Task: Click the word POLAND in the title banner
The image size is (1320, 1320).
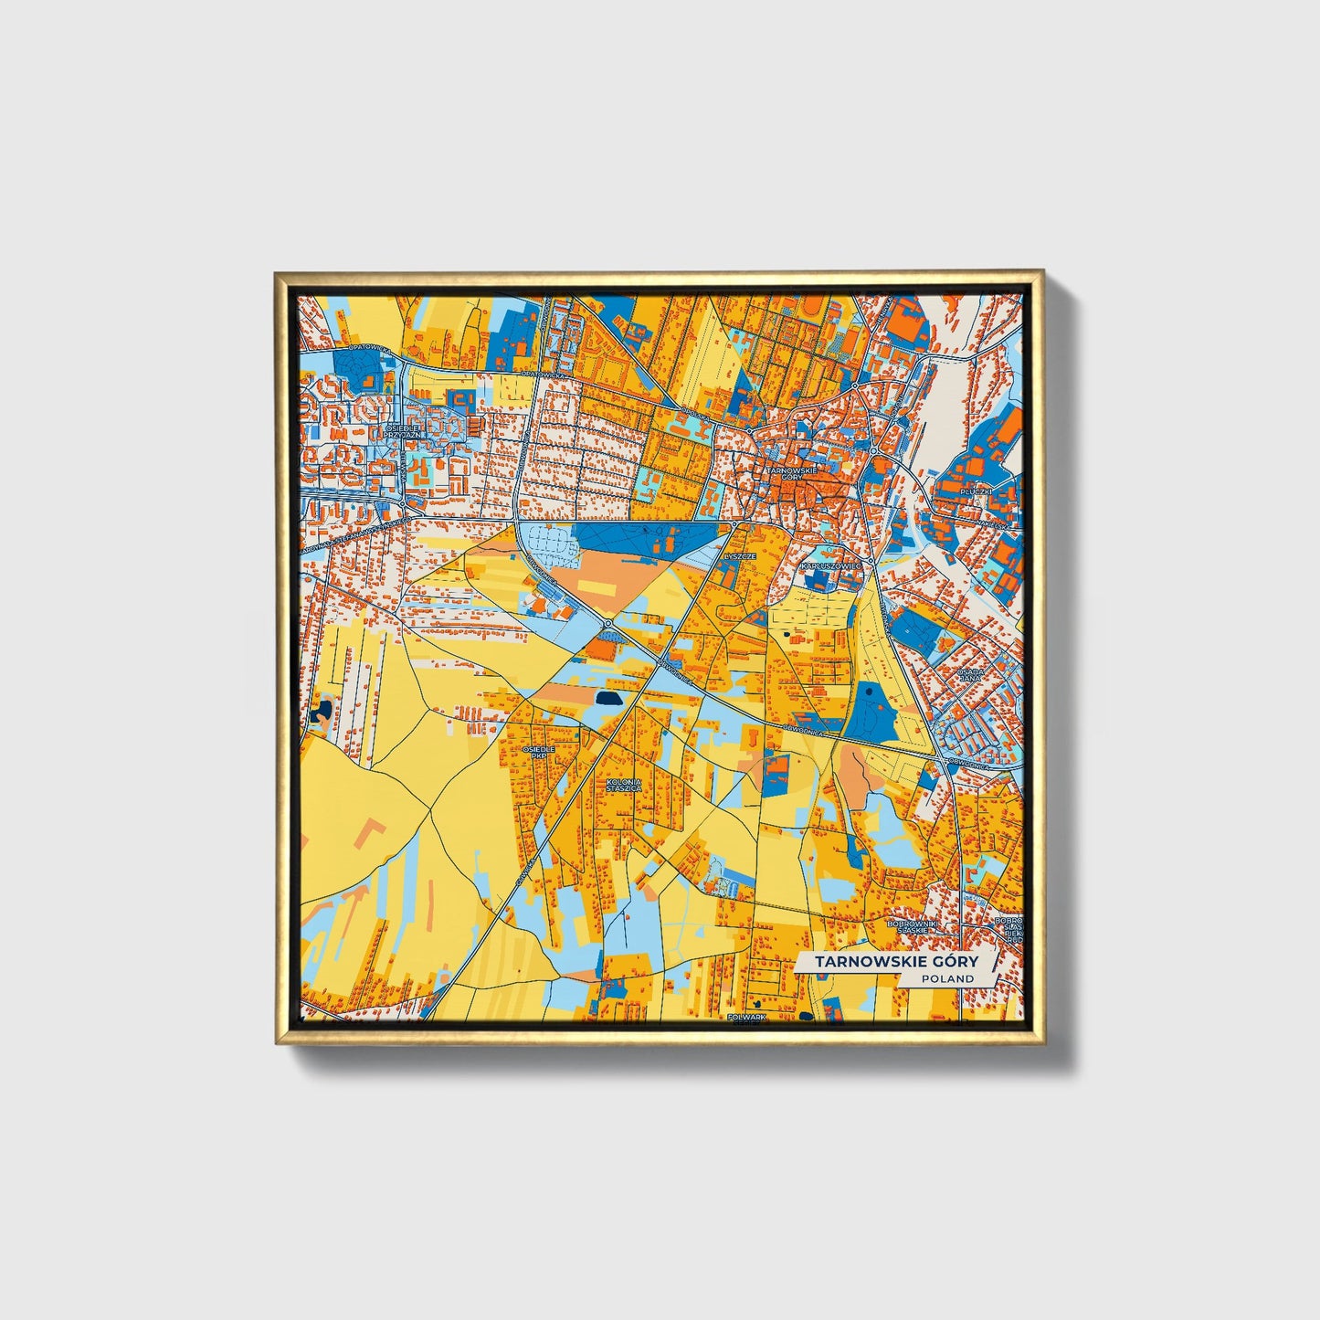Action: point(947,978)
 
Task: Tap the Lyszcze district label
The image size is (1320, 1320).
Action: point(740,555)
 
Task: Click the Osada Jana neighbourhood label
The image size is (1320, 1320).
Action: point(970,675)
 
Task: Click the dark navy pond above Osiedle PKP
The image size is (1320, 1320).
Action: point(606,698)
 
